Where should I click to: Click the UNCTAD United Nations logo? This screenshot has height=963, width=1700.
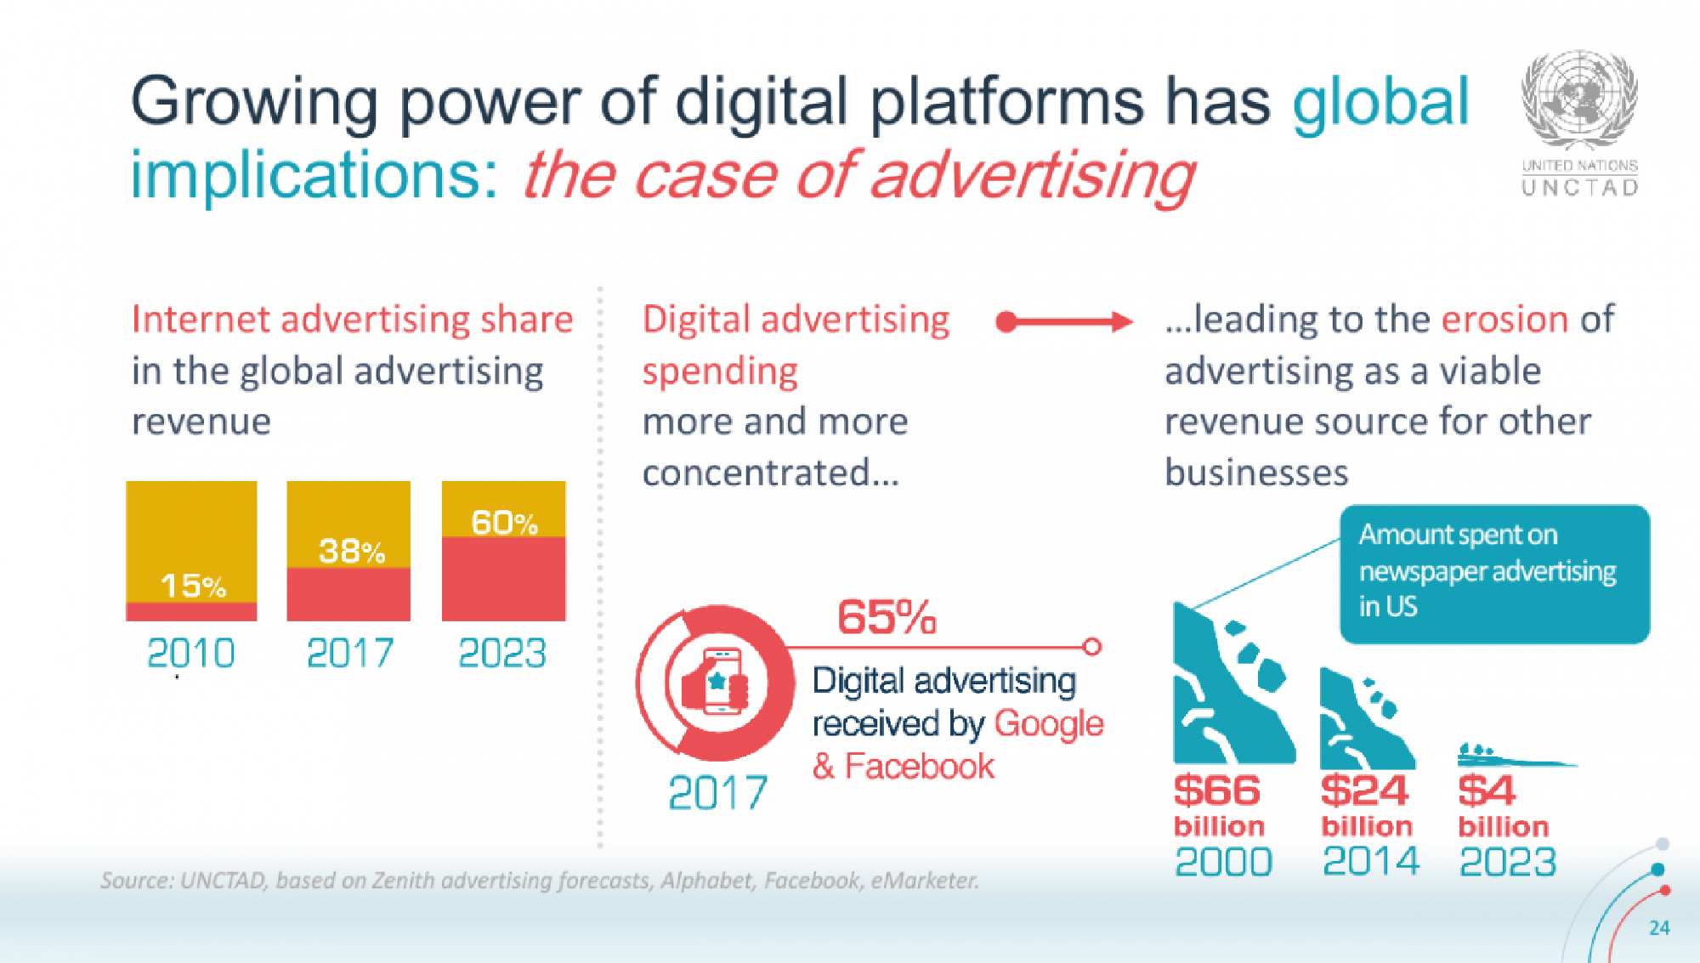1579,123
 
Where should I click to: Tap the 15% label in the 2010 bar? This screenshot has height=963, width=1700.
193,586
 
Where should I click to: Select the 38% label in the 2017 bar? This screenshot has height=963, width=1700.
351,552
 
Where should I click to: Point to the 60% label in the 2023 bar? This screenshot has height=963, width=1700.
504,523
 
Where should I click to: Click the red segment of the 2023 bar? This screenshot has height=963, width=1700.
503,579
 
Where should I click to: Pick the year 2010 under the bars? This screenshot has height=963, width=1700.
190,654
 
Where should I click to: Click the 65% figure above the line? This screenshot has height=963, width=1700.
887,617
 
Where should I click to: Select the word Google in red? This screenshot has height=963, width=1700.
1048,724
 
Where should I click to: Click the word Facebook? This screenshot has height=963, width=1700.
919,767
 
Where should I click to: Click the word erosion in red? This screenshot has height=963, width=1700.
1504,320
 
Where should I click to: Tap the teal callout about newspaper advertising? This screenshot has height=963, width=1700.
1493,573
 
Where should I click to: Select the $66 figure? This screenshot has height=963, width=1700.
1216,790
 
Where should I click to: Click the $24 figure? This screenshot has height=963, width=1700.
1364,790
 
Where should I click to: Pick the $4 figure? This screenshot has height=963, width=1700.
1486,790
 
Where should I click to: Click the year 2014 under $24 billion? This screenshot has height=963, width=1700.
1370,862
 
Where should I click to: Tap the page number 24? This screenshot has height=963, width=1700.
1659,927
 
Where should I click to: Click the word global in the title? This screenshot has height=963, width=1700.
1380,102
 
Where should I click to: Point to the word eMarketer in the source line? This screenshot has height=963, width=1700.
924,881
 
